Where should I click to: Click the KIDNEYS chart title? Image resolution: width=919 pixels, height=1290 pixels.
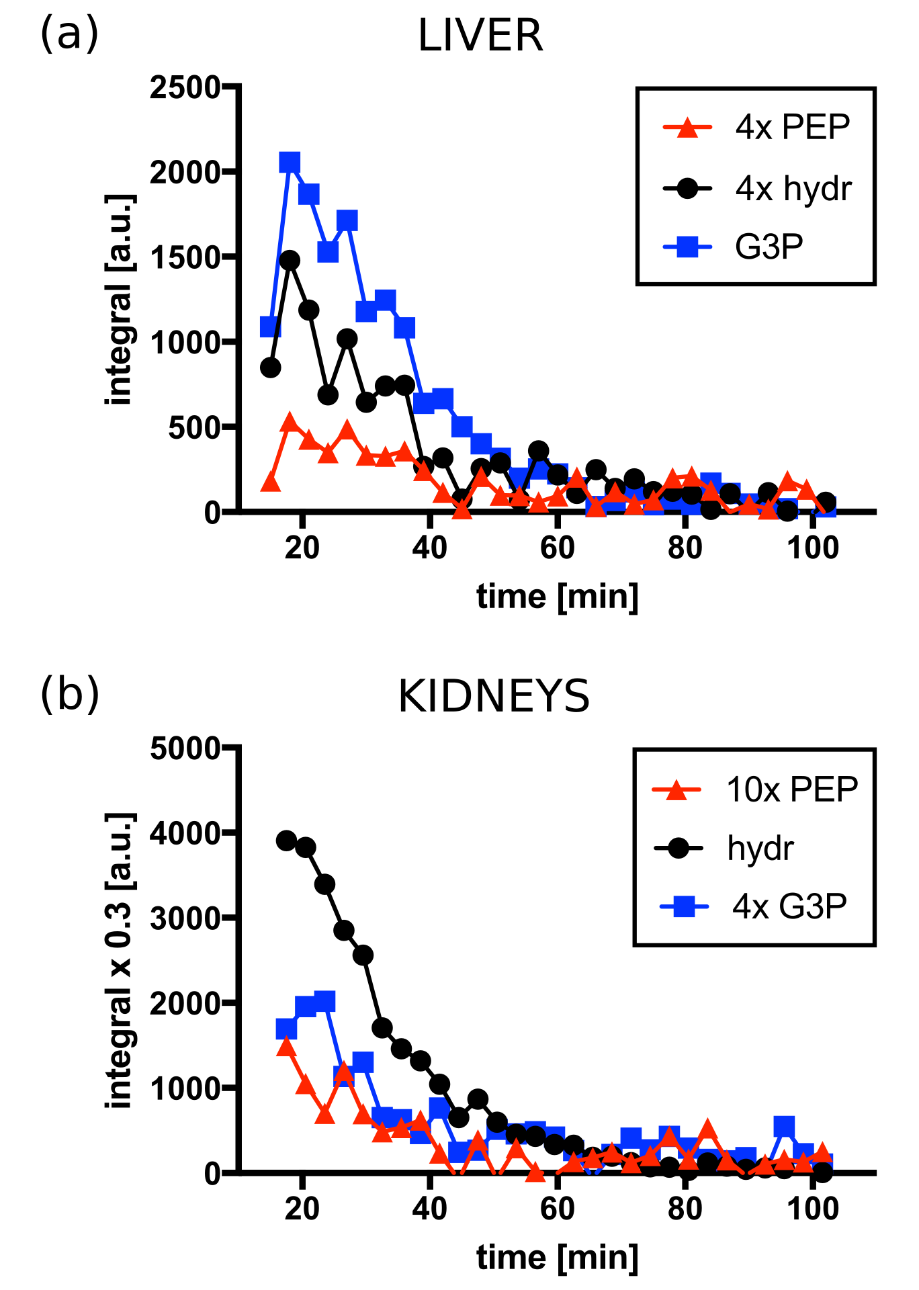494,697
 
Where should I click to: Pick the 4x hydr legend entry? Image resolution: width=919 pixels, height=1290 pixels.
793,189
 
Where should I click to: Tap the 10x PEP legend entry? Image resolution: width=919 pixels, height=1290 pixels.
791,789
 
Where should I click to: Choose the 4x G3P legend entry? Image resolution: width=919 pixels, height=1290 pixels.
789,906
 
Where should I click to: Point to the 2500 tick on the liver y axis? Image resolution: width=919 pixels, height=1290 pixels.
185,87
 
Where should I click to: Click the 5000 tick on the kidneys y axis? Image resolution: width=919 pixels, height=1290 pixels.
185,748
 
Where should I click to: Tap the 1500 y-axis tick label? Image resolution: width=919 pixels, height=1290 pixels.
185,257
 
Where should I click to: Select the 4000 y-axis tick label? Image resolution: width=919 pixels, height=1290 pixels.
185,833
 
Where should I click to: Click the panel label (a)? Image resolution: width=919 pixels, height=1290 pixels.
69,34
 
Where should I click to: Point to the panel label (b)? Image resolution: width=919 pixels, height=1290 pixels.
69,695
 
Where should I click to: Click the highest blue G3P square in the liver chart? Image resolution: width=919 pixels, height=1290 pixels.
290,163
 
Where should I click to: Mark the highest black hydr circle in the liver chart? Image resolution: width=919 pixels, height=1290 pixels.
290,260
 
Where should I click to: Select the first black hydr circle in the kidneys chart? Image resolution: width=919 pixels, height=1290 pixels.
287,841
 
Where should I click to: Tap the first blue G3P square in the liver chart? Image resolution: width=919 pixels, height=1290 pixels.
270,327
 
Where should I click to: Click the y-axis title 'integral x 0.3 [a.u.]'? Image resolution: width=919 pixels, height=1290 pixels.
120,960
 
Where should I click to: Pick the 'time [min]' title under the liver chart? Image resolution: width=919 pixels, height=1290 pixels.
557,597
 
